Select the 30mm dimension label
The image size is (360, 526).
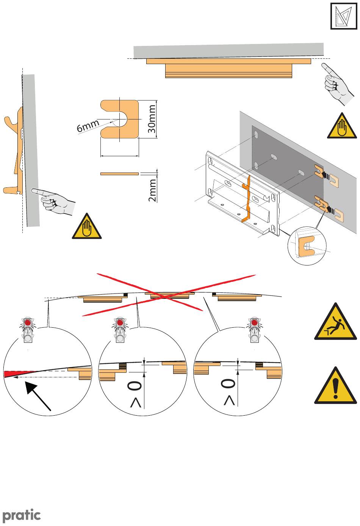pos(152,119)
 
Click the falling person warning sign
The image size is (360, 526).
pos(335,322)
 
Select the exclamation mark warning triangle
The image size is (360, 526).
pos(335,386)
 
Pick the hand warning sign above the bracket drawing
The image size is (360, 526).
pos(342,126)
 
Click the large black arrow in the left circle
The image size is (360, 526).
pos(38,397)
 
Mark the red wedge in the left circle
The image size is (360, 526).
pos(11,374)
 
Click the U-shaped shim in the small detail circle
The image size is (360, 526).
pos(306,246)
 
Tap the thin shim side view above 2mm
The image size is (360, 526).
pos(119,174)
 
